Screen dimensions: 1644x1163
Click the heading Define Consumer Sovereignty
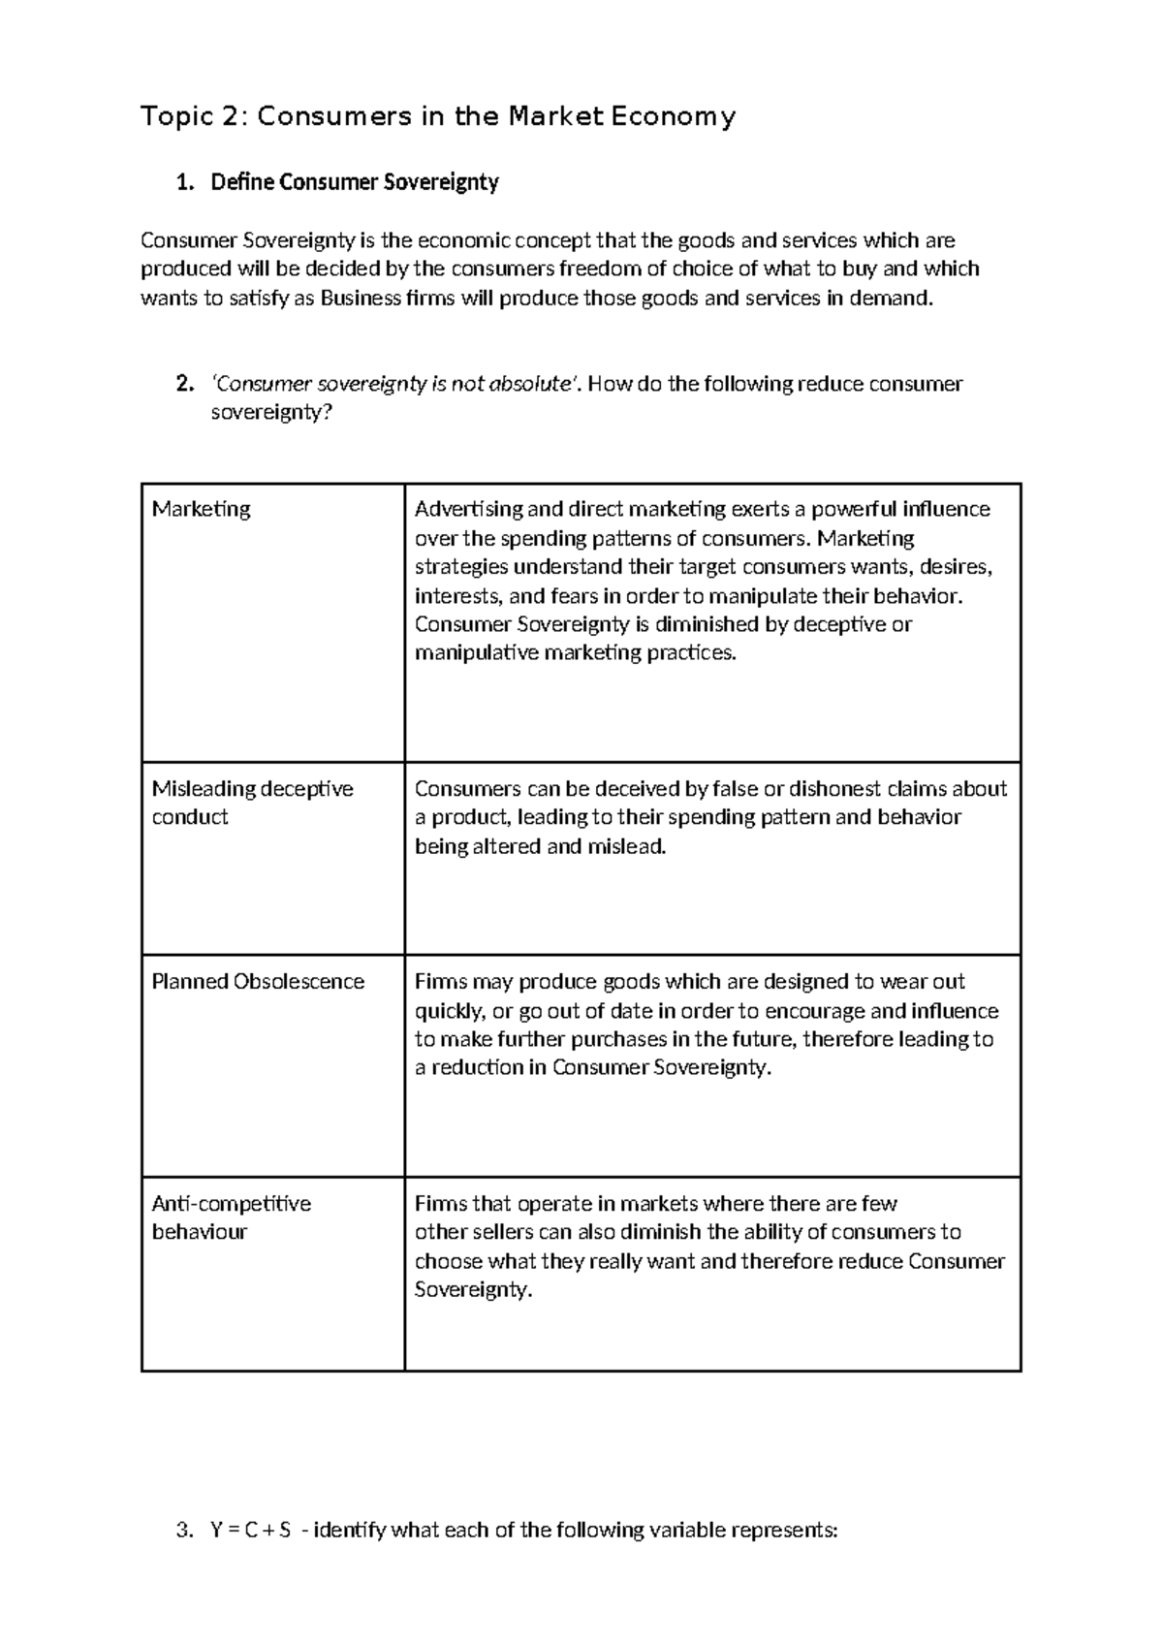coord(355,182)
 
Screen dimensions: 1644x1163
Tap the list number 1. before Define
coord(185,182)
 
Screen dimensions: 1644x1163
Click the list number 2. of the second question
coord(185,384)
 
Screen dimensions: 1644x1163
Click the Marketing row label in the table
coord(202,509)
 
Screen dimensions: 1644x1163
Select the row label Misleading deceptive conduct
coord(252,803)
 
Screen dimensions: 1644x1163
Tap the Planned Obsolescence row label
coord(258,981)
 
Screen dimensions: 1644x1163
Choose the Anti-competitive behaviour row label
coord(231,1217)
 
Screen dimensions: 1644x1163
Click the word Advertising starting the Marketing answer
coord(469,509)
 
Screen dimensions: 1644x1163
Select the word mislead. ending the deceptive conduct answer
coord(628,846)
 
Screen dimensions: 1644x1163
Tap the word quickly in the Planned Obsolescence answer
coord(449,1011)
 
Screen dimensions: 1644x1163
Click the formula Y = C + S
coord(250,1531)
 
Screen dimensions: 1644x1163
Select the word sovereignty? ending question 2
coord(271,412)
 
